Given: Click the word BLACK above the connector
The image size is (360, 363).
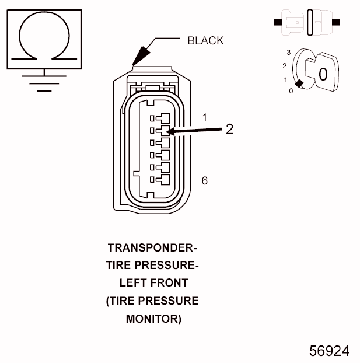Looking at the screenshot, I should tap(205, 40).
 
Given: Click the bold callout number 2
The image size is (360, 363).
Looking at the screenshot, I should tap(229, 130).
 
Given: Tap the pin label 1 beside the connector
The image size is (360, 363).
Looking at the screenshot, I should tap(204, 118).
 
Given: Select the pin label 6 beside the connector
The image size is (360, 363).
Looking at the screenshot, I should tap(204, 180).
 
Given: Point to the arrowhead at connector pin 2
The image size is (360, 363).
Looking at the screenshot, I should tap(169, 133).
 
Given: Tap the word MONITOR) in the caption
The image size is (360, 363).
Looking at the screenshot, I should tap(153, 319).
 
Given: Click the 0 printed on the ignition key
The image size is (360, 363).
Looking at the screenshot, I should tap(323, 74).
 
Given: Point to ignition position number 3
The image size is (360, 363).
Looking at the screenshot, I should tap(289, 53).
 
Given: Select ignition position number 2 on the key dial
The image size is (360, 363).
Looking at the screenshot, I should tap(284, 65).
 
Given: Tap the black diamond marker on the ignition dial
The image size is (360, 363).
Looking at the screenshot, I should tap(299, 84).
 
